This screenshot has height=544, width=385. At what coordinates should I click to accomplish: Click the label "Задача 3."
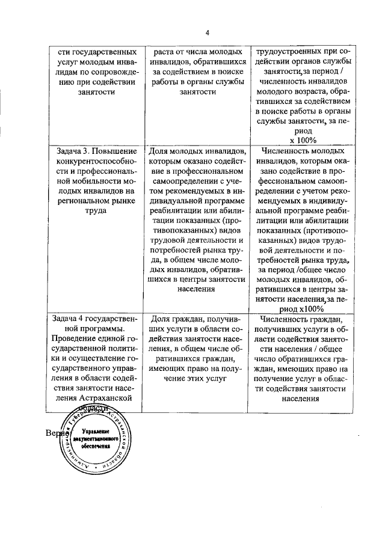[x=69, y=151]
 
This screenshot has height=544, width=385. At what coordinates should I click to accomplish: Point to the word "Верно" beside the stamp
[x=57, y=433]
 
